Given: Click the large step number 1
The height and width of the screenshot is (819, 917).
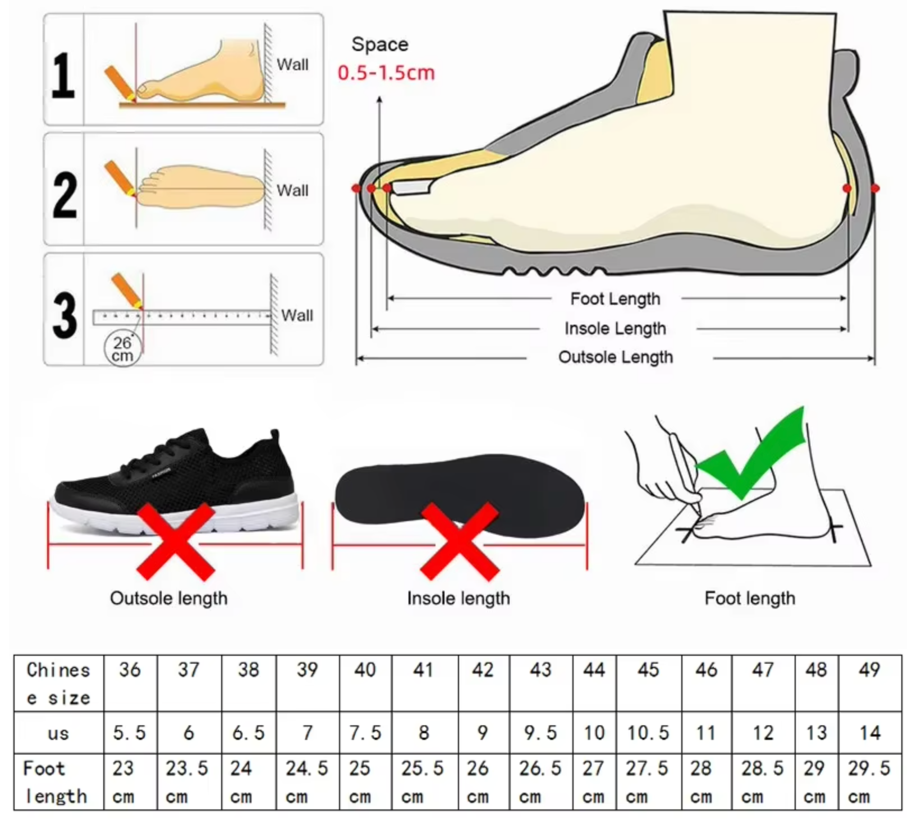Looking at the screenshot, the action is click(63, 75).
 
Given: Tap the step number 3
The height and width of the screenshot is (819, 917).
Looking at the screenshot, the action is click(65, 315).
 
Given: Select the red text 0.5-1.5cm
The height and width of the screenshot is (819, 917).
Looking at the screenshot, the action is click(386, 73).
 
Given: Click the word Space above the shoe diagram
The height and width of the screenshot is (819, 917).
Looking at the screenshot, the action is click(380, 44).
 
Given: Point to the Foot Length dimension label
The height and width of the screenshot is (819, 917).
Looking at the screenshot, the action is click(615, 299).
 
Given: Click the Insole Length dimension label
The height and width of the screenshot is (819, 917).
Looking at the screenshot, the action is click(615, 328).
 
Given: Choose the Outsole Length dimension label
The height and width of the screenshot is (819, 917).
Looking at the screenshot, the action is click(615, 357).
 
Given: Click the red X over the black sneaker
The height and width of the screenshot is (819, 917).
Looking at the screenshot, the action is click(176, 541).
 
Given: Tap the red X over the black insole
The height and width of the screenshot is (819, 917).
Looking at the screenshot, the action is click(460, 541).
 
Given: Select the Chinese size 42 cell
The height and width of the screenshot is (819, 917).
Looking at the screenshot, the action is click(484, 683).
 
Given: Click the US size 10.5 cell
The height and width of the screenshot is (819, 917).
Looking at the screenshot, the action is click(648, 733).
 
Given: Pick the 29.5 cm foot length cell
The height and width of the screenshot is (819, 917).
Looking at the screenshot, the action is click(870, 781).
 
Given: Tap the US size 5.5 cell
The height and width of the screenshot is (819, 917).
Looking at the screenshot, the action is click(130, 733).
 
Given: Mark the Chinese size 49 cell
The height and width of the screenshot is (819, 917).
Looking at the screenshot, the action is click(870, 683).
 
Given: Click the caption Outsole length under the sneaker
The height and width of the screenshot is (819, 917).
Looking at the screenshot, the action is click(169, 599).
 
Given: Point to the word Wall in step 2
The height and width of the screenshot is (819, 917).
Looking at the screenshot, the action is click(292, 191).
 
